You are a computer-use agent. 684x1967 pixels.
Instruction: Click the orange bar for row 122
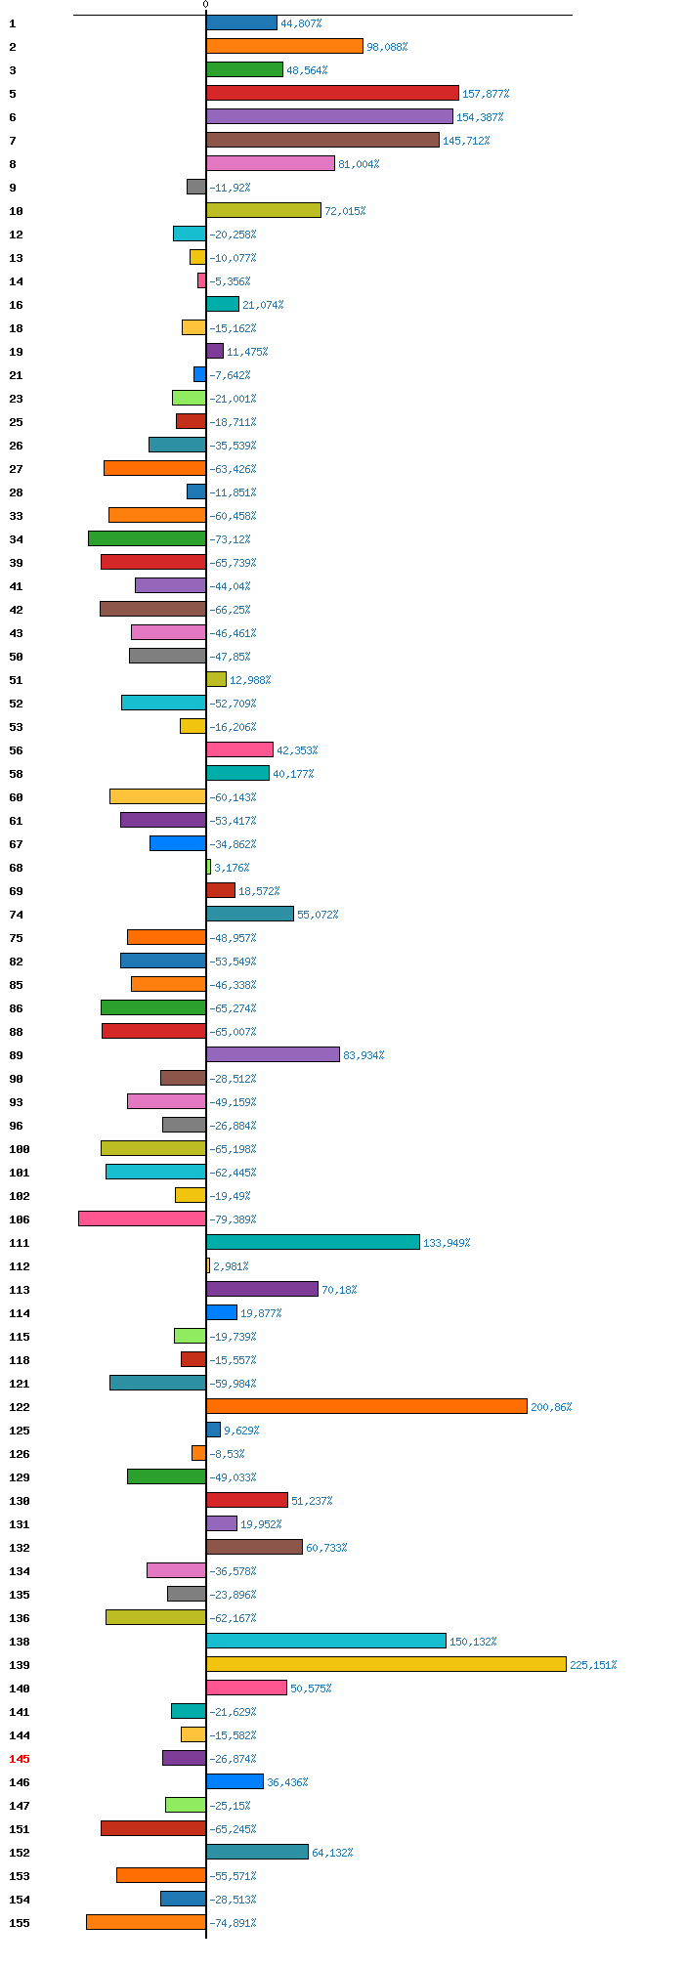coord(366,1406)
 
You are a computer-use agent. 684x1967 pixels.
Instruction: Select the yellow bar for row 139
coord(386,1664)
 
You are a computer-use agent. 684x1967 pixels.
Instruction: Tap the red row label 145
coord(20,1759)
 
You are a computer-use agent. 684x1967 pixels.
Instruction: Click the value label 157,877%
coord(486,94)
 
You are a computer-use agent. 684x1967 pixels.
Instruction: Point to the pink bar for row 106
coord(142,1219)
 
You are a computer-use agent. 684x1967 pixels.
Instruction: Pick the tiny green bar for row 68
coord(208,867)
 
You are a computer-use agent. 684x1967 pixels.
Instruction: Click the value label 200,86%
coord(551,1407)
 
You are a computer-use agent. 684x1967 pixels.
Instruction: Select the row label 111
coord(20,1243)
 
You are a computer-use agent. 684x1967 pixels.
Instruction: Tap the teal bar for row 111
coord(313,1242)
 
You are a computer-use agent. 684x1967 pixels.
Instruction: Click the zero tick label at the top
coord(205,5)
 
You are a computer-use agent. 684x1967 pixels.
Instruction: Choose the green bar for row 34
coord(147,538)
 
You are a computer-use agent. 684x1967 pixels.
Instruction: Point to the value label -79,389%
coord(233,1219)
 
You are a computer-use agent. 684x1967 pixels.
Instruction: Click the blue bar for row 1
coord(241,22)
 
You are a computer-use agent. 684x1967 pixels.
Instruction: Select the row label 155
coord(20,1923)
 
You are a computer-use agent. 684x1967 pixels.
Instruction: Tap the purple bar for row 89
coord(273,1054)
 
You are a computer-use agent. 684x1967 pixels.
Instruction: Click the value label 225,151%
coord(593,1665)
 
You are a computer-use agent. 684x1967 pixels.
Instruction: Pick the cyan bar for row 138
coord(326,1641)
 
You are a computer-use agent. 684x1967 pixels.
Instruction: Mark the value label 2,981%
coord(231,1266)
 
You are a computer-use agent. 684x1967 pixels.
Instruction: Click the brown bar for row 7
coord(322,140)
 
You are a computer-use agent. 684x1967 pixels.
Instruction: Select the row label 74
coord(17,915)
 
